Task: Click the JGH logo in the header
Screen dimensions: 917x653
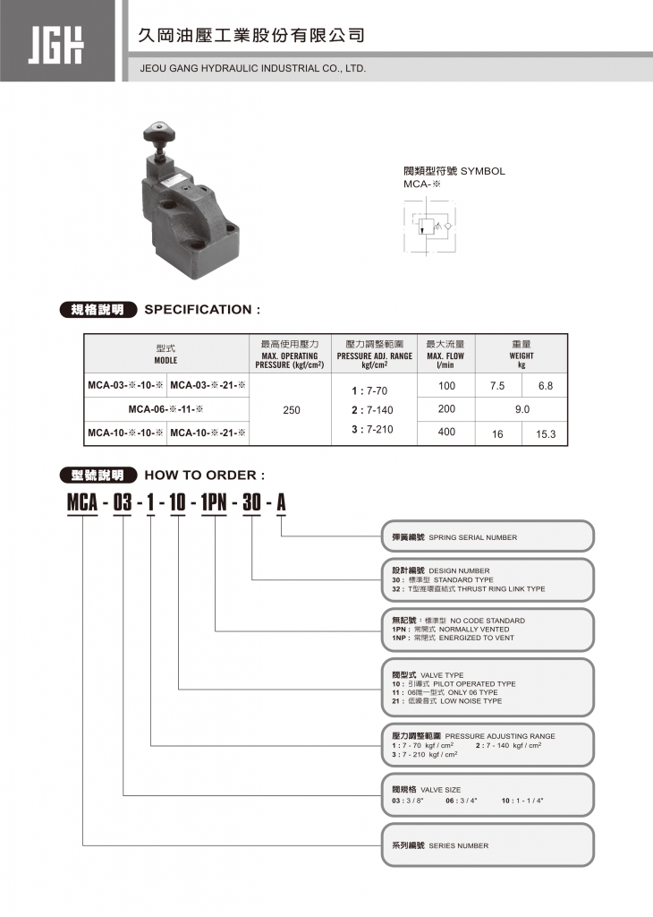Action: click(x=56, y=41)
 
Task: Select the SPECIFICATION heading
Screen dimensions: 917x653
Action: click(x=202, y=310)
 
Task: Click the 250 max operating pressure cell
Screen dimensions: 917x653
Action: click(x=292, y=410)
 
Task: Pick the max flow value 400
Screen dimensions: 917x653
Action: click(x=447, y=433)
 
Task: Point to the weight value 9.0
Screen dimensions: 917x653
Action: click(x=522, y=410)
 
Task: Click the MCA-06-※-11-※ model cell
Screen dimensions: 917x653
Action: click(x=166, y=410)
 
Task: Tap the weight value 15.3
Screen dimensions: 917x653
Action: click(x=546, y=434)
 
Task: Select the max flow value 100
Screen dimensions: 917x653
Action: click(x=447, y=386)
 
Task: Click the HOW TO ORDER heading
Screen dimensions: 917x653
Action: click(x=204, y=476)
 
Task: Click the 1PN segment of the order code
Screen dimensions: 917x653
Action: click(x=215, y=503)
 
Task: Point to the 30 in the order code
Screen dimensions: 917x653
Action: click(x=252, y=503)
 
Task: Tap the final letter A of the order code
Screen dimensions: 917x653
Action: click(x=281, y=503)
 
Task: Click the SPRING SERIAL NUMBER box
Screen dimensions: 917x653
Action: click(x=488, y=537)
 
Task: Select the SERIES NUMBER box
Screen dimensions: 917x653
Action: click(x=488, y=844)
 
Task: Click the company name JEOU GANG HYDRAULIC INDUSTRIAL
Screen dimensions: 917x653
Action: click(x=253, y=68)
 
